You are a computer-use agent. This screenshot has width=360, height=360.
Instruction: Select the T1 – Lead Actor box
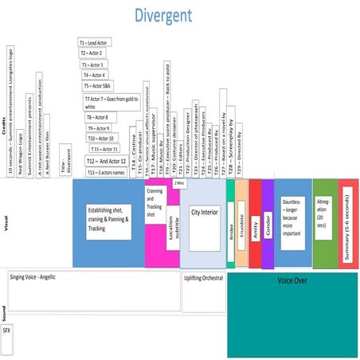click(x=95, y=41)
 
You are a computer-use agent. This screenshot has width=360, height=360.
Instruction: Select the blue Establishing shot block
click(x=108, y=222)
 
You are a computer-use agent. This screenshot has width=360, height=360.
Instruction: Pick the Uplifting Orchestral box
click(x=204, y=279)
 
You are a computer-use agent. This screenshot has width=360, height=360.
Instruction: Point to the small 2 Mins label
click(x=178, y=183)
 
